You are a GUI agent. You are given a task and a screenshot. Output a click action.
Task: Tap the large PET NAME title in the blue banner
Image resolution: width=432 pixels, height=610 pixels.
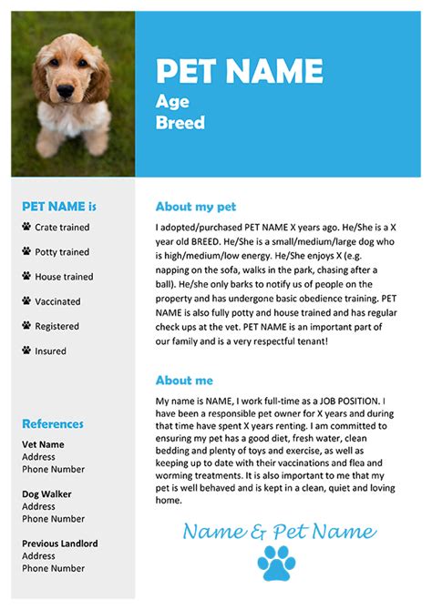pyautogui.click(x=239, y=71)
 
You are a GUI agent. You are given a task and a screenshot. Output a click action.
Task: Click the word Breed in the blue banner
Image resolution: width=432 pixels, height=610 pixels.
pyautogui.click(x=180, y=122)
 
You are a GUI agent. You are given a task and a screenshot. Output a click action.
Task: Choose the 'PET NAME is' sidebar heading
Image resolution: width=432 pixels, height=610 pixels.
pyautogui.click(x=59, y=206)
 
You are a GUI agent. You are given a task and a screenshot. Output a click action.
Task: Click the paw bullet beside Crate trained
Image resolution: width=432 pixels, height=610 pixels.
pyautogui.click(x=26, y=227)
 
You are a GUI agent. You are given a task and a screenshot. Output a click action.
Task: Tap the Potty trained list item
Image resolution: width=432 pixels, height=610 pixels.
pyautogui.click(x=62, y=252)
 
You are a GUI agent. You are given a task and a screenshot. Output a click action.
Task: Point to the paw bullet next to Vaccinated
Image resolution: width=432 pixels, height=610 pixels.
pyautogui.click(x=26, y=301)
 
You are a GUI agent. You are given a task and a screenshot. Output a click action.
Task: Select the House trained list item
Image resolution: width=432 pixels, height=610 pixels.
pyautogui.click(x=64, y=277)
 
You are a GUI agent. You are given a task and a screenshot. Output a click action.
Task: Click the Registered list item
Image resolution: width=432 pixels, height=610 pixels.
pyautogui.click(x=57, y=326)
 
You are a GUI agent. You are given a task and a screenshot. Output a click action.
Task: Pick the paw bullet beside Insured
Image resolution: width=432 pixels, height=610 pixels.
pyautogui.click(x=26, y=351)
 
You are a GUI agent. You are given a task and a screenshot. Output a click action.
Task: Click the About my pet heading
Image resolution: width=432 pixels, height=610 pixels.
pyautogui.click(x=195, y=207)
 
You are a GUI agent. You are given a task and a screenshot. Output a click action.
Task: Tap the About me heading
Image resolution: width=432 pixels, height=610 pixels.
pyautogui.click(x=184, y=381)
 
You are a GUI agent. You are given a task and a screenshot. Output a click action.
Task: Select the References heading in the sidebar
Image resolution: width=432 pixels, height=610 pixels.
pyautogui.click(x=53, y=423)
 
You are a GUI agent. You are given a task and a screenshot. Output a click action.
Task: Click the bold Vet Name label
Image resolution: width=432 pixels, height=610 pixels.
pyautogui.click(x=43, y=444)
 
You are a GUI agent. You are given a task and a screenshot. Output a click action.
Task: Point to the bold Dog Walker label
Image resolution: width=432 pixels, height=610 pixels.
pyautogui.click(x=46, y=494)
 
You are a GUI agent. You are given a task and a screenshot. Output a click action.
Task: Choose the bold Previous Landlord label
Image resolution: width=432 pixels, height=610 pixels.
pyautogui.click(x=60, y=544)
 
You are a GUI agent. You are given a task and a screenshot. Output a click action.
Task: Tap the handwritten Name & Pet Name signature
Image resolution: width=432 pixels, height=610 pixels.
pyautogui.click(x=278, y=532)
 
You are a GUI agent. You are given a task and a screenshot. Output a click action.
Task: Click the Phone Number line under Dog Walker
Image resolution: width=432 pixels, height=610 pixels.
pyautogui.click(x=54, y=519)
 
